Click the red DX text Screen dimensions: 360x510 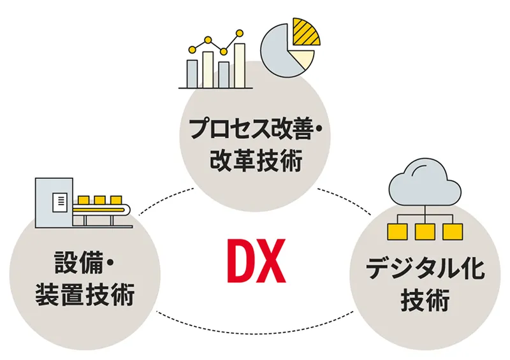pyautogui.click(x=255, y=261)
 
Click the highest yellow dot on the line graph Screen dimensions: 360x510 pyautogui.click(x=239, y=32)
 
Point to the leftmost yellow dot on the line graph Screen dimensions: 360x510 pyautogui.click(x=191, y=49)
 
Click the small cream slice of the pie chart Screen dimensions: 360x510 pyautogui.click(x=305, y=61)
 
